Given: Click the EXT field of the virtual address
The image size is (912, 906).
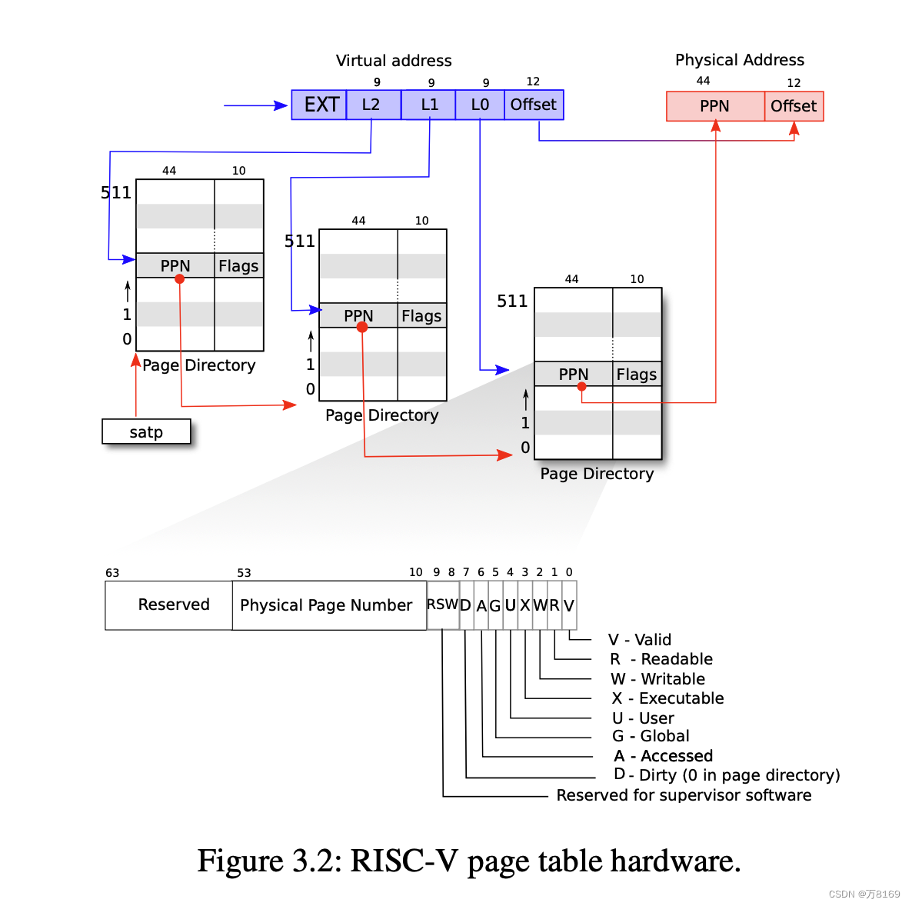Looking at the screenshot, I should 319,105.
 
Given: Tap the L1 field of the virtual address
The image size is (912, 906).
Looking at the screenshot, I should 428,105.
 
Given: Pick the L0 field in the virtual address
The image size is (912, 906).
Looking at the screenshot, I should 479,105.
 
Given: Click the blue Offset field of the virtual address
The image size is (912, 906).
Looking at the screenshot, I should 533,105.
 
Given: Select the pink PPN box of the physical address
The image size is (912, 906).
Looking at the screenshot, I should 715,106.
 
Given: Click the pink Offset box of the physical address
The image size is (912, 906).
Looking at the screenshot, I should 794,106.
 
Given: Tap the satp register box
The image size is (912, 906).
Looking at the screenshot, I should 146,431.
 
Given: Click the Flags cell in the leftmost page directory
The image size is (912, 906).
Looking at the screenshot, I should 238,266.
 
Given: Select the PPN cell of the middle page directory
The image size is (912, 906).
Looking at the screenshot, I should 358,315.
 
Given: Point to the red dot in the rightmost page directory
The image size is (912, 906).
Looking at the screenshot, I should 582,387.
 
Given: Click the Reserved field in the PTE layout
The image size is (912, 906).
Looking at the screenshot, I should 173,605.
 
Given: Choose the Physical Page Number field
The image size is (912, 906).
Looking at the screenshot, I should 326,605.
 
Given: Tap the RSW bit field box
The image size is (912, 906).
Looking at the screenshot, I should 442,605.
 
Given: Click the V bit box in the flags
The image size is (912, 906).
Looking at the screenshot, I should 569,605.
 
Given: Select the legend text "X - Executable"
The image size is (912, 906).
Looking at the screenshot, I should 667,698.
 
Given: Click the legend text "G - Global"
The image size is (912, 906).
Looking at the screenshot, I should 651,736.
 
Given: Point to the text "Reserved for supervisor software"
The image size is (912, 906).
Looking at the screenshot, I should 684,795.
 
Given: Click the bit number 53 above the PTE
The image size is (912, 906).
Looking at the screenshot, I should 244,573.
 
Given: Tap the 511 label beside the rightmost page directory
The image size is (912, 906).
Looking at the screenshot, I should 512,301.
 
